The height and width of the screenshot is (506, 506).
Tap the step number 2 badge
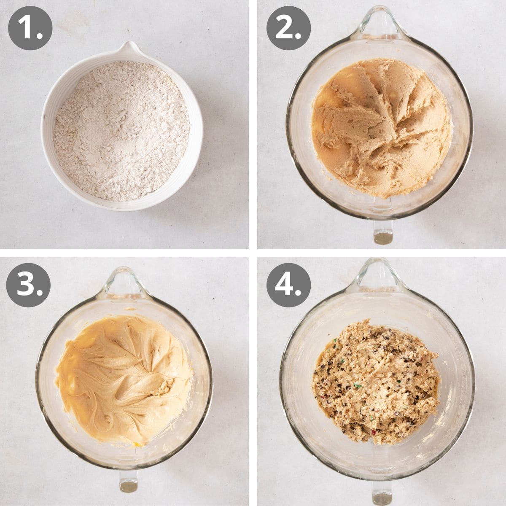tap(288, 29)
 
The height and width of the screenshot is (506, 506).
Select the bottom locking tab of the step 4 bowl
tap(382, 491)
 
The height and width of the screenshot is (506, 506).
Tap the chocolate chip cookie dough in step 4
tap(375, 379)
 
